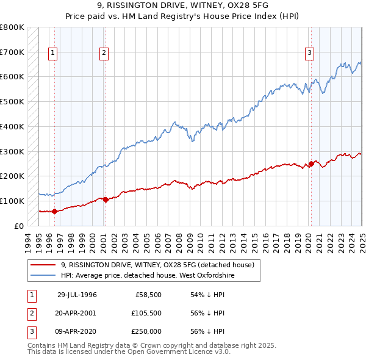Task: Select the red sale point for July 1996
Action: (x=54, y=211)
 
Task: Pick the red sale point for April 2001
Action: (x=105, y=200)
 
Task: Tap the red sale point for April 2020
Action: (x=311, y=164)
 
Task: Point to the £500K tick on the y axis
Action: (x=12, y=101)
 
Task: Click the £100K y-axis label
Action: (x=12, y=201)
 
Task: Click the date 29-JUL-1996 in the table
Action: (x=77, y=295)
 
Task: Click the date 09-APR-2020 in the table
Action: (x=77, y=331)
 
